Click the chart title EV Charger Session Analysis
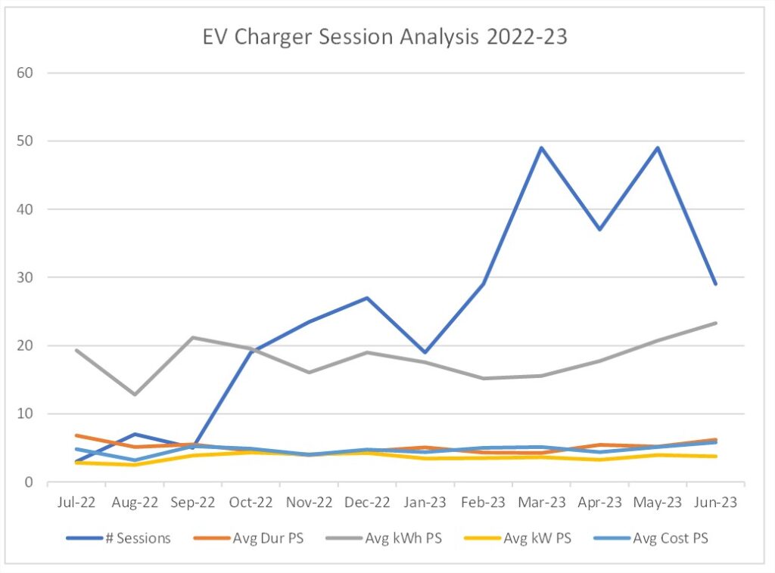[384, 37]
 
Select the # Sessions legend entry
[119, 538]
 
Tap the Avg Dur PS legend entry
[248, 538]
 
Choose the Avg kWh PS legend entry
[384, 538]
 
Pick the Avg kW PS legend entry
[518, 538]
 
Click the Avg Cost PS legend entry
[650, 538]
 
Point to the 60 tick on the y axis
[25, 73]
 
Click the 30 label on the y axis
[25, 277]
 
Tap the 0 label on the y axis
[29, 482]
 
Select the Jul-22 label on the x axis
[76, 503]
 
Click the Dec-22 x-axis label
[367, 503]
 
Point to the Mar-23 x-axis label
[542, 503]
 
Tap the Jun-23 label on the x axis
[716, 503]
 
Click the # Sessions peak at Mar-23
[542, 147]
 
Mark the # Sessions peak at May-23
[658, 147]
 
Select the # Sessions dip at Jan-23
[425, 352]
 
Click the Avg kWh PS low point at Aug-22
[135, 395]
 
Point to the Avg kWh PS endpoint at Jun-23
[716, 324]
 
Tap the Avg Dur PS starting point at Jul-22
[76, 435]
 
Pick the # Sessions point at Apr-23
[599, 230]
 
